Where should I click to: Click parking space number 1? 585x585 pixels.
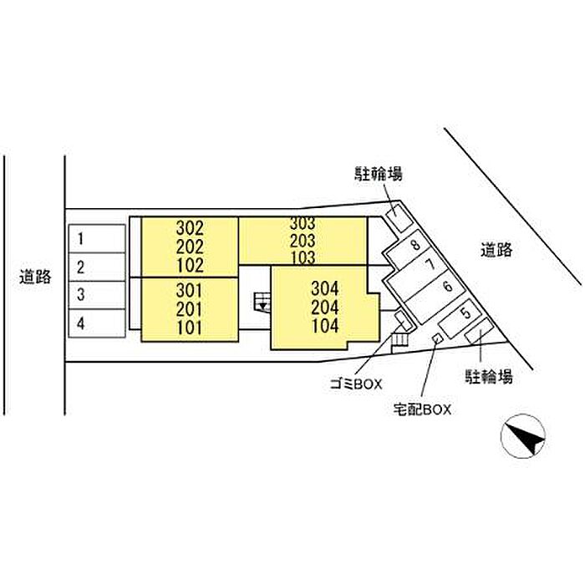coord(81,239)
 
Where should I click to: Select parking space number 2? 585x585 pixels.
coord(81,267)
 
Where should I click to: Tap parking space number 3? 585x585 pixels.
coord(81,295)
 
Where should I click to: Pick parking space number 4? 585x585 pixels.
coord(81,323)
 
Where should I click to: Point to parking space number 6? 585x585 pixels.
coord(448,287)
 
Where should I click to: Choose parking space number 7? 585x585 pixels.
coord(430,265)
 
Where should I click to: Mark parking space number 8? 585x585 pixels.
coord(415,246)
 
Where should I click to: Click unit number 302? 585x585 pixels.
coord(191,226)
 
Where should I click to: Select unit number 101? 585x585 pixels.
coord(191,328)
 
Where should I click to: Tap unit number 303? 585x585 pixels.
coord(303,224)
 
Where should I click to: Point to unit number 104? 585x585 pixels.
coord(324,326)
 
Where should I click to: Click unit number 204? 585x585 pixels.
coord(324,307)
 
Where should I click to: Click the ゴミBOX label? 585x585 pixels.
coord(355,384)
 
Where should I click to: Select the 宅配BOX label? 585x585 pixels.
coord(422,409)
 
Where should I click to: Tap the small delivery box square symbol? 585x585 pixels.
coord(435,338)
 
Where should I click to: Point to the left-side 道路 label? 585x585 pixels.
coord(36,277)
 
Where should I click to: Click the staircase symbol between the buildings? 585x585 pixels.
coord(262,302)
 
